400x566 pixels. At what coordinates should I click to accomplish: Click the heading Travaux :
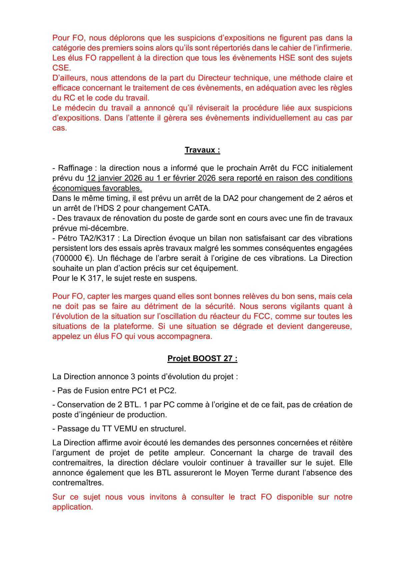coord(202,150)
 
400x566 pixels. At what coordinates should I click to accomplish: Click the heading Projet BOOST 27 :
coord(202,359)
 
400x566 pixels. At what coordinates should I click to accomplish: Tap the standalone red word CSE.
coord(61,68)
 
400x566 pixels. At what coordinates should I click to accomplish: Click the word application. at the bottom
coord(72,507)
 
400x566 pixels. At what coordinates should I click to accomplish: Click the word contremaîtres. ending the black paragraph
coord(78,483)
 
